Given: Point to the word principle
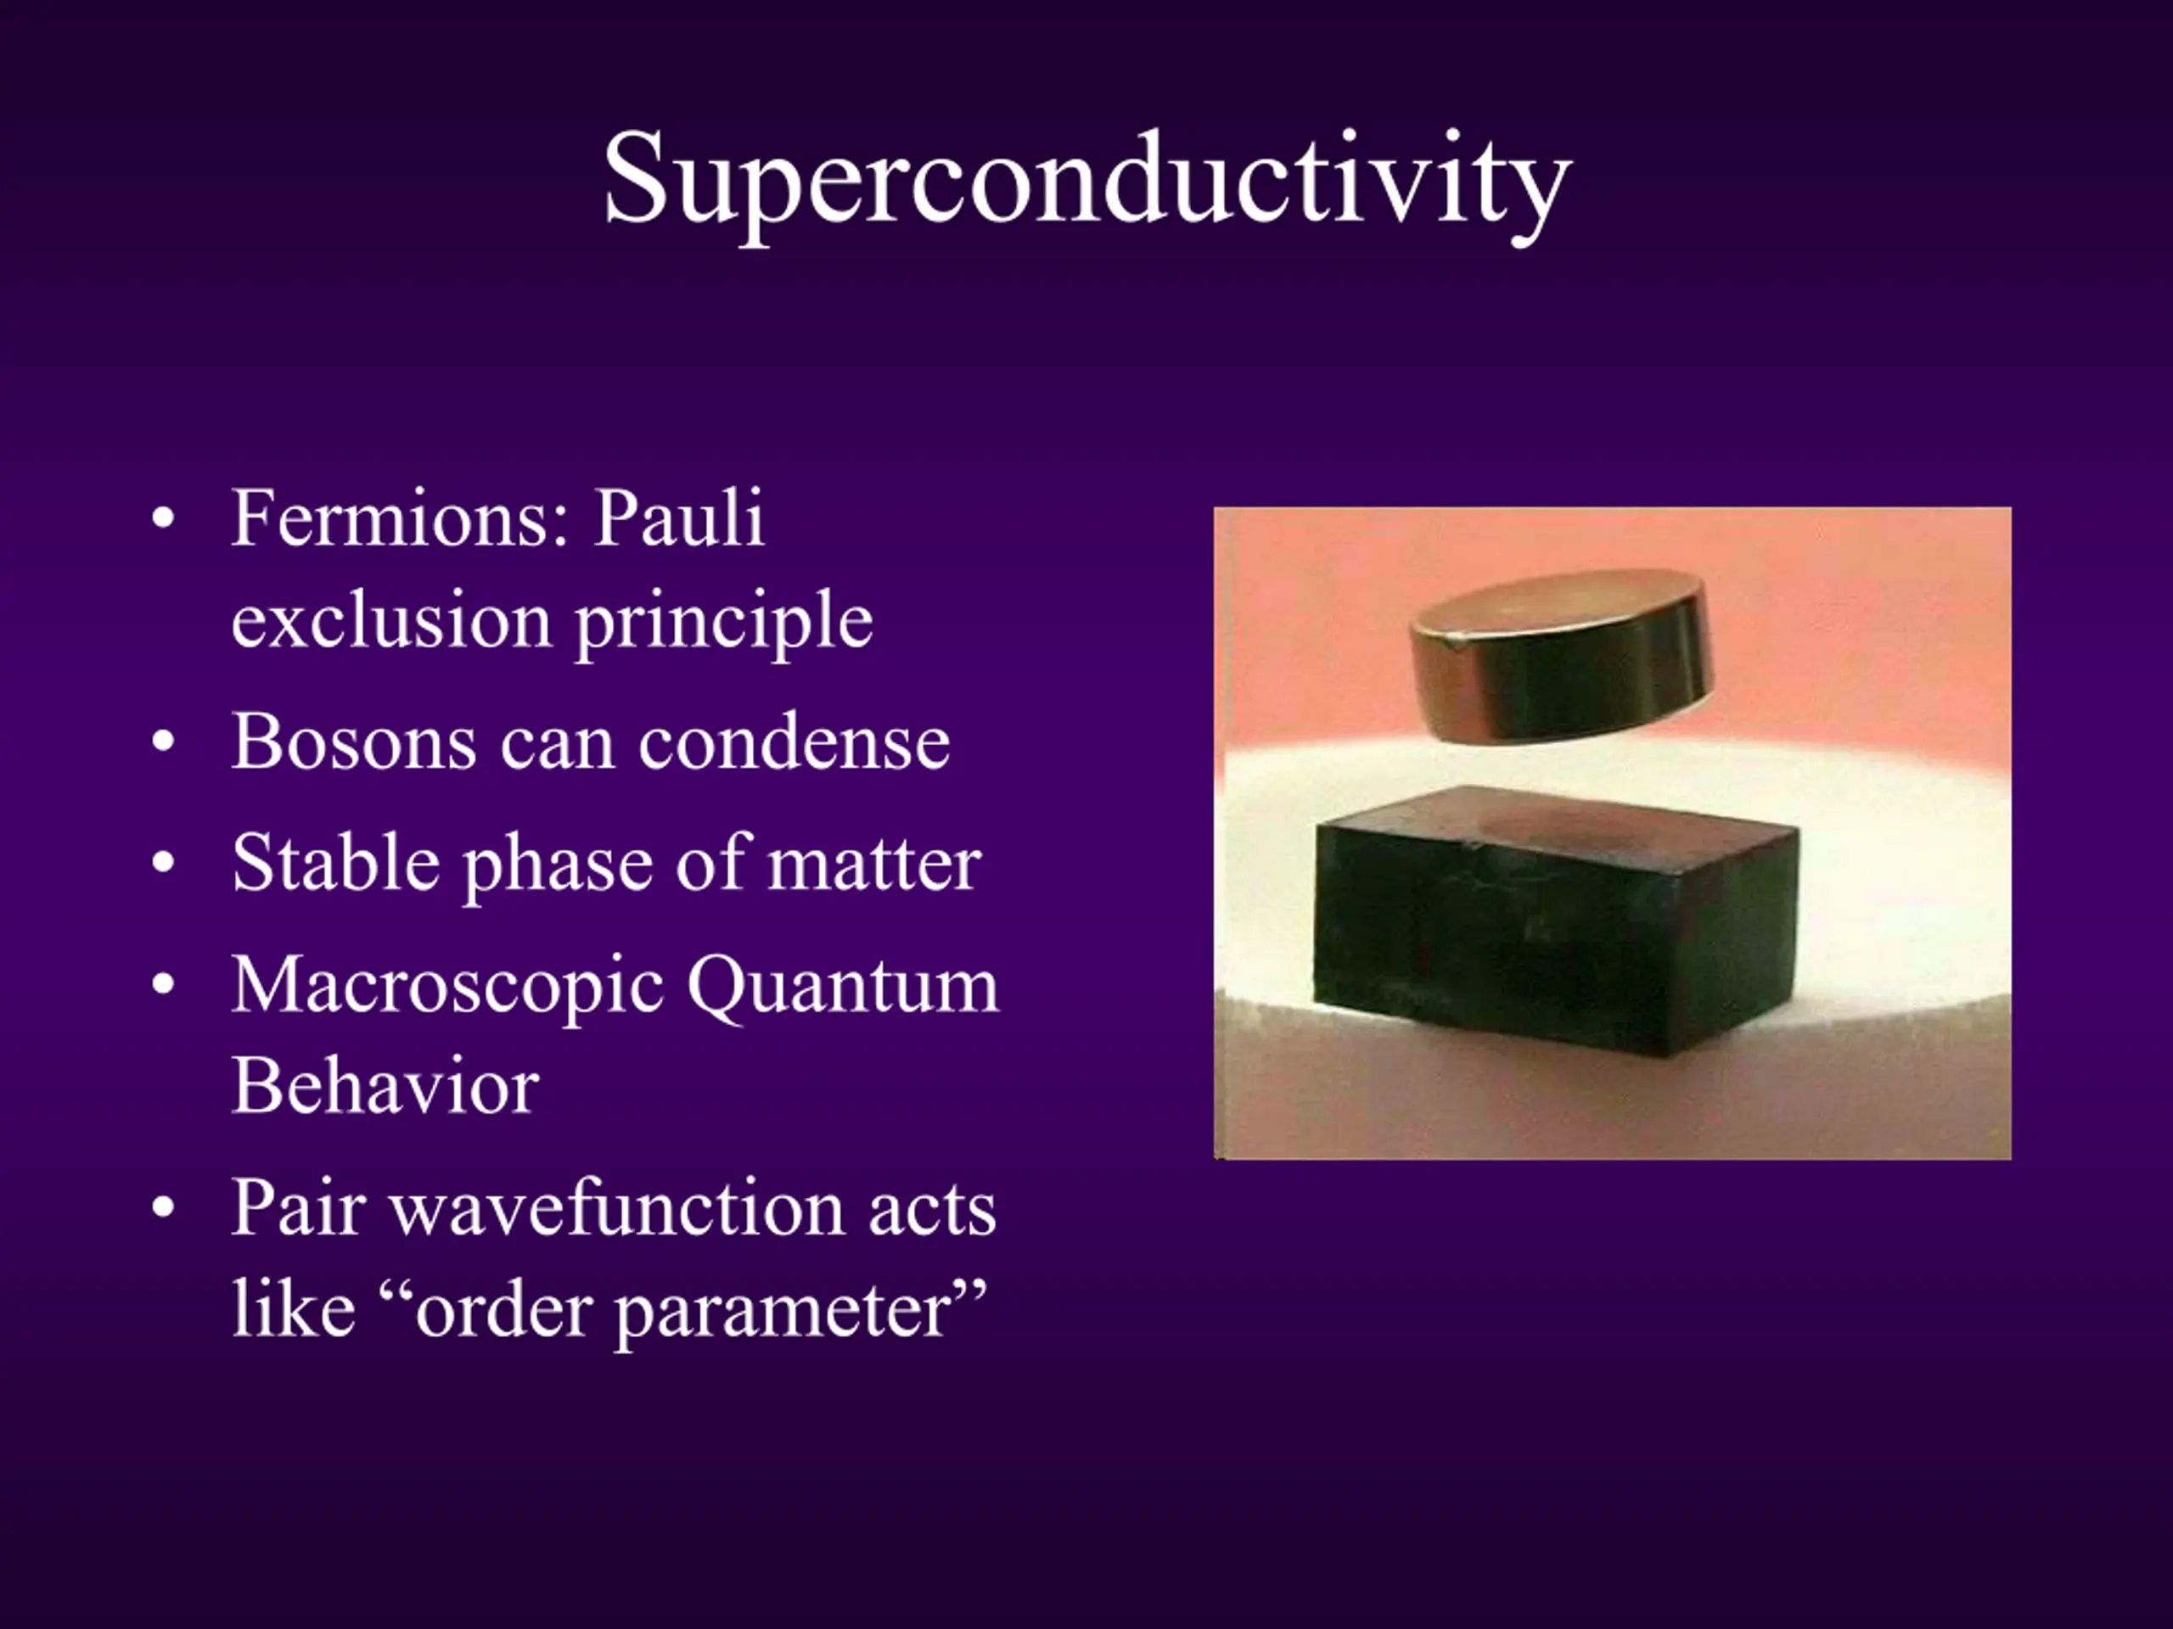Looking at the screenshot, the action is pos(724,624).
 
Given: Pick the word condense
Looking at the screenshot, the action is pos(794,742).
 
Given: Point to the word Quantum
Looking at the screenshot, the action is pos(843,987).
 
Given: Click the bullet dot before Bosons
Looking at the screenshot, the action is pos(163,742).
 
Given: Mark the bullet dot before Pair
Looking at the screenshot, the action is pos(163,1208).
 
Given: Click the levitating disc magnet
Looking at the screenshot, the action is pos(1561,657).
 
